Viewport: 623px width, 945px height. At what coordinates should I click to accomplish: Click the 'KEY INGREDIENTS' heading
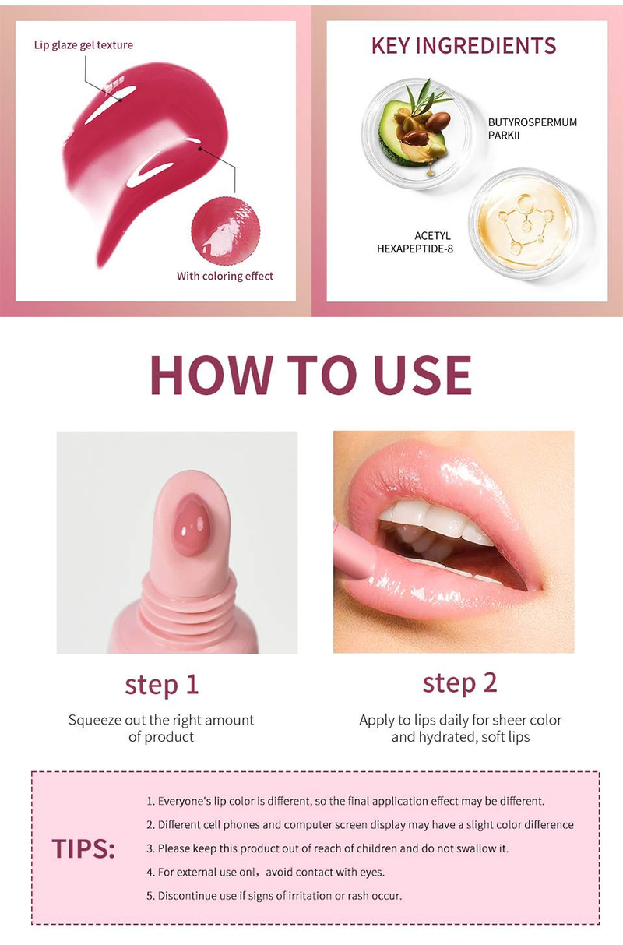(x=463, y=45)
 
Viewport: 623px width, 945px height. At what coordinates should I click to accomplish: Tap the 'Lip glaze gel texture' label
(x=83, y=45)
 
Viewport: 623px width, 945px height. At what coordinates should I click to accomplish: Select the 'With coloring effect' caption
(x=225, y=277)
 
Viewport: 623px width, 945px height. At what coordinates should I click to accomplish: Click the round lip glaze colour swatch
(x=225, y=231)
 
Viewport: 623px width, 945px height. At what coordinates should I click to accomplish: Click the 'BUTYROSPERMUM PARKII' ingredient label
(x=533, y=129)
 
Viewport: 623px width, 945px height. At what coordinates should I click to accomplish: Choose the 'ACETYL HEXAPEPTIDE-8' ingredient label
(x=415, y=242)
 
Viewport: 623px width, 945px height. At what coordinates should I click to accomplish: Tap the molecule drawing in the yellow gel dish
(x=524, y=222)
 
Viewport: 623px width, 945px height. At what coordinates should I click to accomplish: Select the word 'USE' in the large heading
(x=423, y=375)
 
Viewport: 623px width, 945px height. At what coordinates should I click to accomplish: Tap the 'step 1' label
(x=161, y=685)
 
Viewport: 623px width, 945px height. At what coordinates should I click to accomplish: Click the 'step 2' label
(x=459, y=683)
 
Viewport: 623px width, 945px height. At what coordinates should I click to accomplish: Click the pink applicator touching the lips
(x=354, y=550)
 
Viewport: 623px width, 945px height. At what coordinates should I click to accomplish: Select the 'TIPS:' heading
(x=83, y=848)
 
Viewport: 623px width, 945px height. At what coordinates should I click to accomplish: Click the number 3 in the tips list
(x=150, y=849)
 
